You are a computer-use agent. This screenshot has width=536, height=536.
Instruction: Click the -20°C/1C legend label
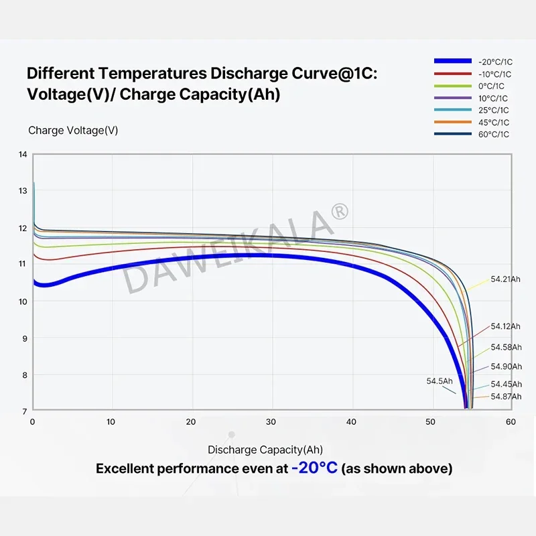tap(494, 62)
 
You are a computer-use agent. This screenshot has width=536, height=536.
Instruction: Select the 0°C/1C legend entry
tap(492, 86)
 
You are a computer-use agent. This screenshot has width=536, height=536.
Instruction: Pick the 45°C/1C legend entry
tap(494, 122)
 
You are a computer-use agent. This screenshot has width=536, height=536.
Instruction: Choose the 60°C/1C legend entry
tap(494, 134)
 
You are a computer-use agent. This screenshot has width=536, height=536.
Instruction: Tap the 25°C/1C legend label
tap(494, 110)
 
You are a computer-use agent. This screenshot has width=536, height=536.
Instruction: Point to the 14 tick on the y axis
tap(23, 155)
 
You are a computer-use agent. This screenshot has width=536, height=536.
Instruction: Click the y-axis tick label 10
tap(23, 301)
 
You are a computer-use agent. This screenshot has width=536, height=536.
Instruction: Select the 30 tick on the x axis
tap(271, 422)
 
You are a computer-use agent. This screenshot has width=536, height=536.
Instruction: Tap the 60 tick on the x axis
tap(510, 422)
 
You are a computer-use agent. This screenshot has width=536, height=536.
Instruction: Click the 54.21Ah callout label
tap(505, 279)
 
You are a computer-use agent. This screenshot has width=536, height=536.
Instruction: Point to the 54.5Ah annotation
tap(440, 381)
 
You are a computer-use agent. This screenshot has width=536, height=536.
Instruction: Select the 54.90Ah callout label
tap(505, 366)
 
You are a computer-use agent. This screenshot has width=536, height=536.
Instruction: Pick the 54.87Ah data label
tap(505, 397)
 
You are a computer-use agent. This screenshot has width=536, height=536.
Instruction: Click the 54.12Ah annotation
tap(505, 326)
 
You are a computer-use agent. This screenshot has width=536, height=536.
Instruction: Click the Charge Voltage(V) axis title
tap(73, 131)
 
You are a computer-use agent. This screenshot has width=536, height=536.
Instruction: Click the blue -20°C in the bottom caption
tap(314, 468)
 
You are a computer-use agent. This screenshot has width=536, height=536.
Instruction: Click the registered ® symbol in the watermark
tap(340, 212)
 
